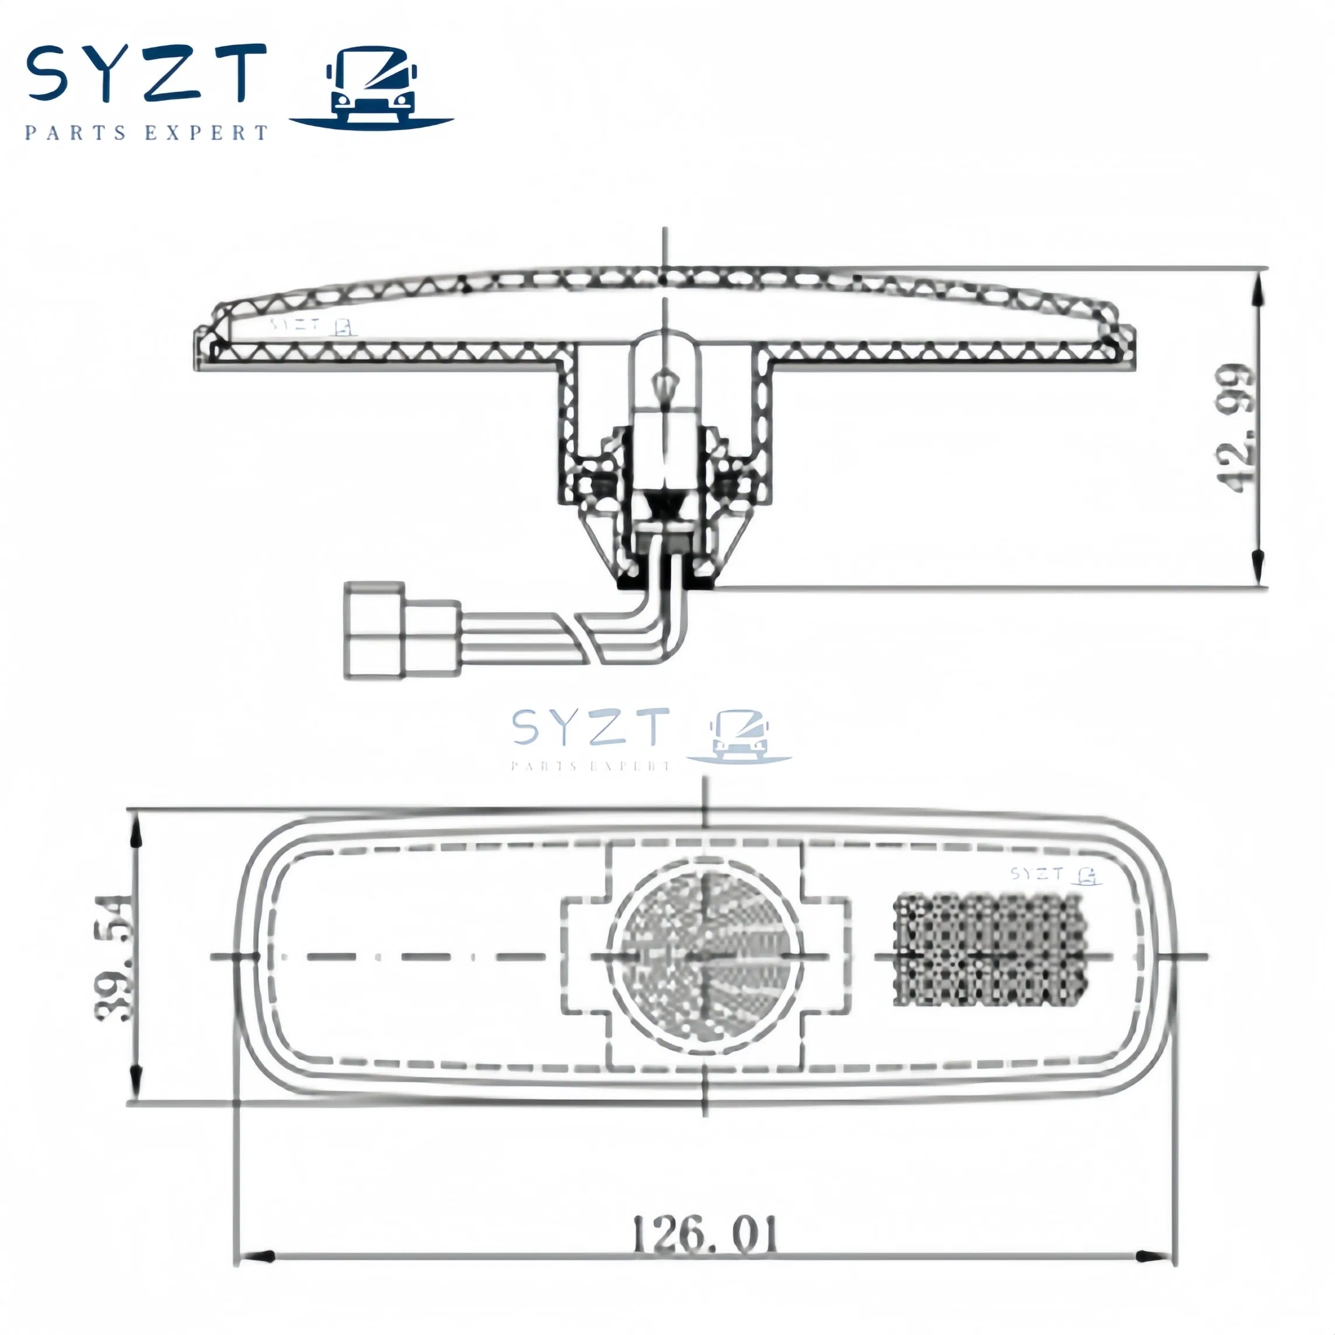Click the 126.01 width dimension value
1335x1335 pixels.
(x=705, y=1235)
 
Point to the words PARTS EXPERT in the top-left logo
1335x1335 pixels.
(x=146, y=133)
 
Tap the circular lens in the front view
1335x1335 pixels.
(x=705, y=957)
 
